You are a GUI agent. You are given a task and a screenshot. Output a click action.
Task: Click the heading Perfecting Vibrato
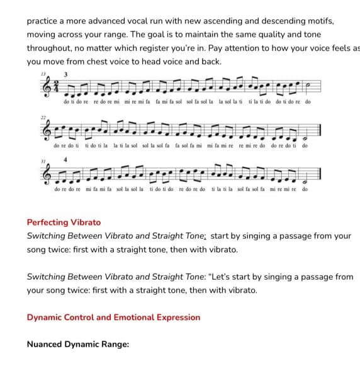(x=64, y=222)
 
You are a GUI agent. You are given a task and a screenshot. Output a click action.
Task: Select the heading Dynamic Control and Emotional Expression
(x=113, y=317)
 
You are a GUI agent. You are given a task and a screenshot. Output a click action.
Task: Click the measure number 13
(x=43, y=74)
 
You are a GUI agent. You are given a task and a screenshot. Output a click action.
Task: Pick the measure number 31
(x=43, y=160)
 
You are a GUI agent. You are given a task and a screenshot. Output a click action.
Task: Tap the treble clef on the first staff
(x=45, y=87)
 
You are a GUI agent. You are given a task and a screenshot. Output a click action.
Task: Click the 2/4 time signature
(x=55, y=88)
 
